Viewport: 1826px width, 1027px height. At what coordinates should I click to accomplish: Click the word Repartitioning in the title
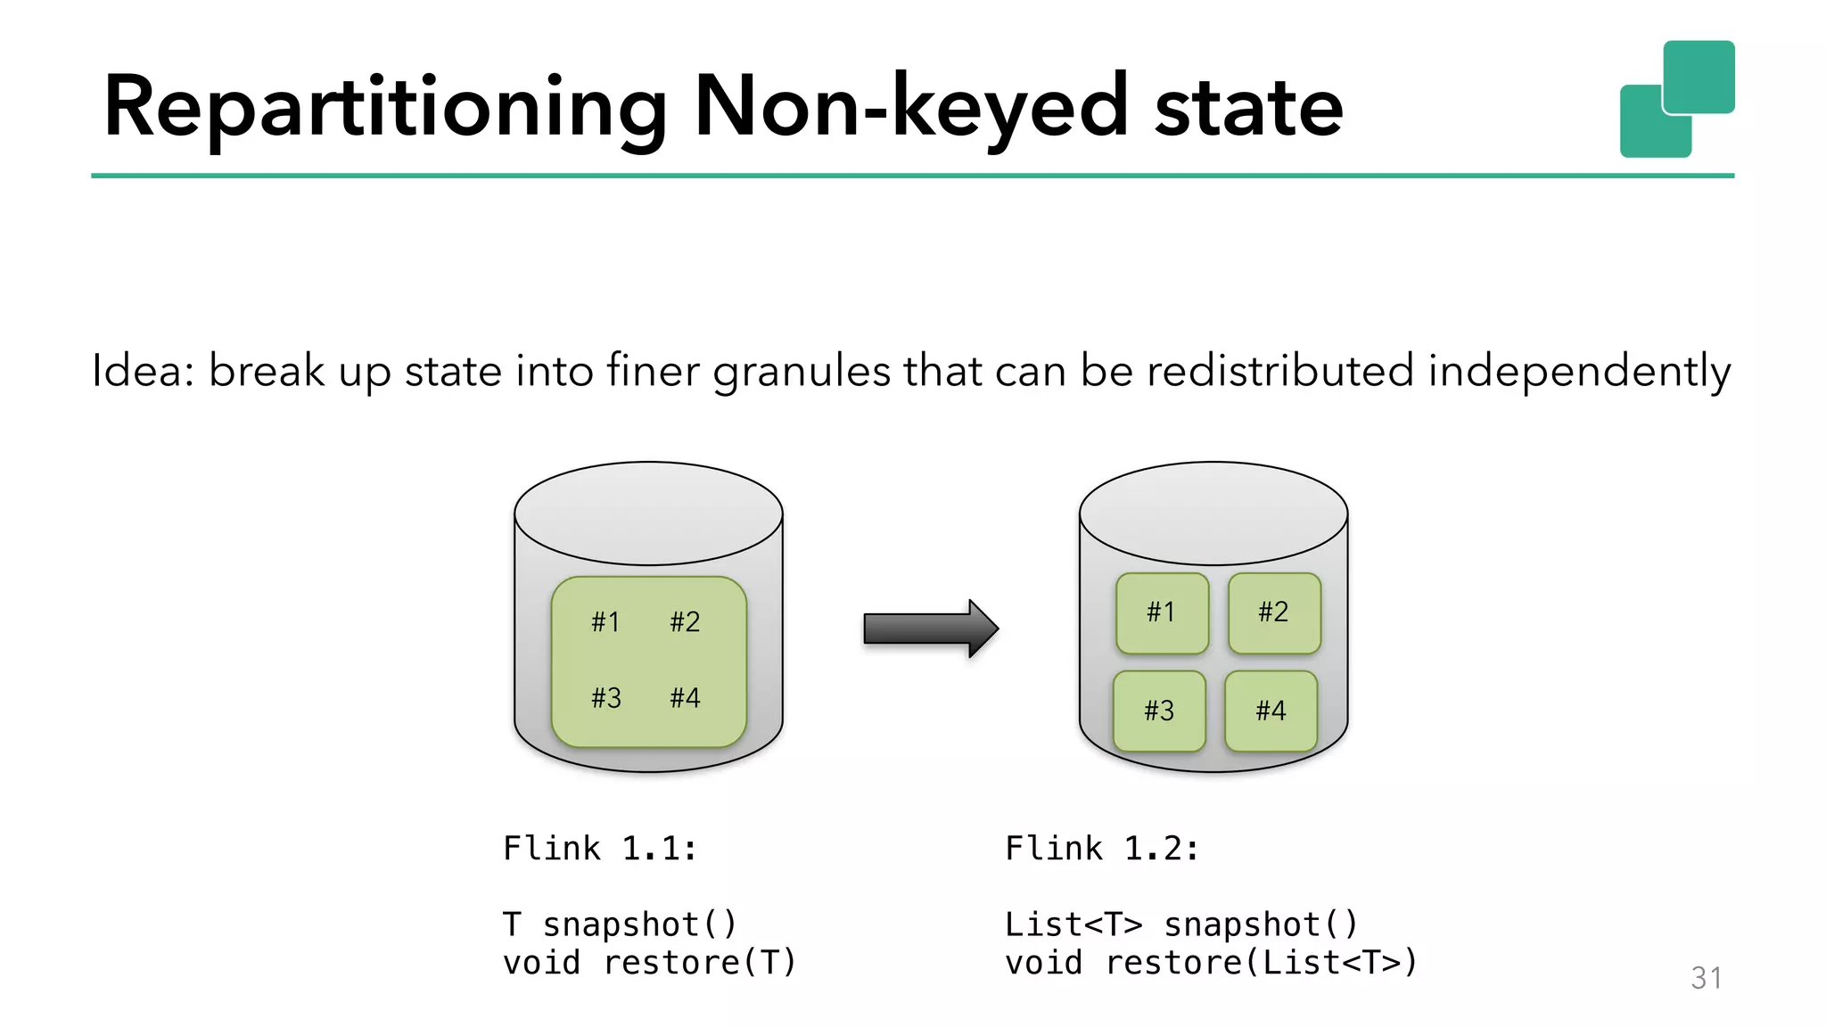[383, 109]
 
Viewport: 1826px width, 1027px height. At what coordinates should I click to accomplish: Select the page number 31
[1706, 978]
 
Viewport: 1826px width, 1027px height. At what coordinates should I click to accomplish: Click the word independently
[1578, 372]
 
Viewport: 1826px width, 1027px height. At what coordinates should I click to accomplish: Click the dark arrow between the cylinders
[930, 629]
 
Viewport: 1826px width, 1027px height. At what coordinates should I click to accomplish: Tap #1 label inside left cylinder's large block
[605, 621]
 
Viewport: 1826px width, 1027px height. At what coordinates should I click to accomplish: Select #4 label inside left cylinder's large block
[685, 697]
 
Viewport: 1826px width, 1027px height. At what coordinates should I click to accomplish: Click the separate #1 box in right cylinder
[1162, 612]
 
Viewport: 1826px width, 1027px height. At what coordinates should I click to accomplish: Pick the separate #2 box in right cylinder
[1273, 612]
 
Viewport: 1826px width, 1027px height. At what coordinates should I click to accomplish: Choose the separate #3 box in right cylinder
[1159, 711]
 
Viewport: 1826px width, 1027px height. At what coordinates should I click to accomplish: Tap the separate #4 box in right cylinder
[1271, 711]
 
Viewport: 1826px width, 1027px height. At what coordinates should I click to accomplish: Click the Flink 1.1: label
[600, 848]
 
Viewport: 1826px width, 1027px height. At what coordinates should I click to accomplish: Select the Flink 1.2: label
[1102, 848]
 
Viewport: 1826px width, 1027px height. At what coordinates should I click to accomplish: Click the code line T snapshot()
[620, 924]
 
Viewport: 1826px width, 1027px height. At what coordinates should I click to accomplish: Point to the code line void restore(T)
[649, 963]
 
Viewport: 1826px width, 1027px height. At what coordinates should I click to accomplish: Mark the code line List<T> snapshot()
[1180, 924]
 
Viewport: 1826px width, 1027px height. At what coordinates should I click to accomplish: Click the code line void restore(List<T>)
[1211, 963]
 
